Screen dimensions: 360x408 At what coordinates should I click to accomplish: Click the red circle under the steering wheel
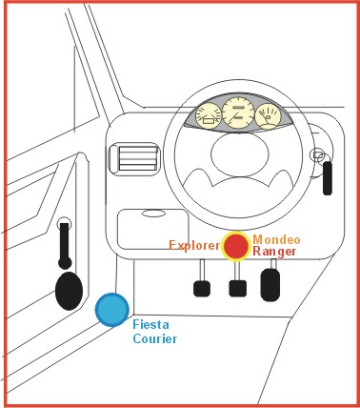click(x=236, y=246)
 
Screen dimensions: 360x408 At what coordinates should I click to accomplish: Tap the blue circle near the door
click(x=112, y=310)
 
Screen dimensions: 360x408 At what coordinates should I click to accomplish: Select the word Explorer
click(x=194, y=245)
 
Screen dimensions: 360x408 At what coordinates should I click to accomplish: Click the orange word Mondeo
click(x=276, y=239)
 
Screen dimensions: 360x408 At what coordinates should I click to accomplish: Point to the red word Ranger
click(x=274, y=252)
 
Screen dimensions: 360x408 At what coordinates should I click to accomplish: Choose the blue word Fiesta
click(x=150, y=324)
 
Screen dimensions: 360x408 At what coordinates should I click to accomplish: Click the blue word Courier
click(x=155, y=338)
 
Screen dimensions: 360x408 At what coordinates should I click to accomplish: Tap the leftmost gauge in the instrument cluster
click(x=209, y=116)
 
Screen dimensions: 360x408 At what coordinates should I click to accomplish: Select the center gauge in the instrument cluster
click(x=238, y=112)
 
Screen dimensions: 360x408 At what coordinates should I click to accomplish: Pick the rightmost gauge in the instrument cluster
click(x=269, y=116)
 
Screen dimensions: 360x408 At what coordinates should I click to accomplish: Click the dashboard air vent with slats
click(x=134, y=158)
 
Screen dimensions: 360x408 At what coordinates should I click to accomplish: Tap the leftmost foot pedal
click(x=202, y=289)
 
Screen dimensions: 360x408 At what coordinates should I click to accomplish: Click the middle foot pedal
click(x=238, y=289)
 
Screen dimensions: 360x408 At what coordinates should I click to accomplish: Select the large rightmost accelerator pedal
click(x=270, y=285)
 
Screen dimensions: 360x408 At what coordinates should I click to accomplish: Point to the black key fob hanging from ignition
click(x=328, y=178)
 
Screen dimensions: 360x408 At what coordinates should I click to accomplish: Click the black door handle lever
click(x=65, y=246)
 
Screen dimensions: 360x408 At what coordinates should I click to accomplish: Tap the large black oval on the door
click(x=69, y=291)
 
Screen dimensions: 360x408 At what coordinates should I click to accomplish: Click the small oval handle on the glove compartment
click(x=153, y=214)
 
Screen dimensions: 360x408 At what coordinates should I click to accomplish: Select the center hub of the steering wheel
click(x=240, y=153)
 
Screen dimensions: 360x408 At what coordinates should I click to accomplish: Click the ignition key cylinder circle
click(x=318, y=154)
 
